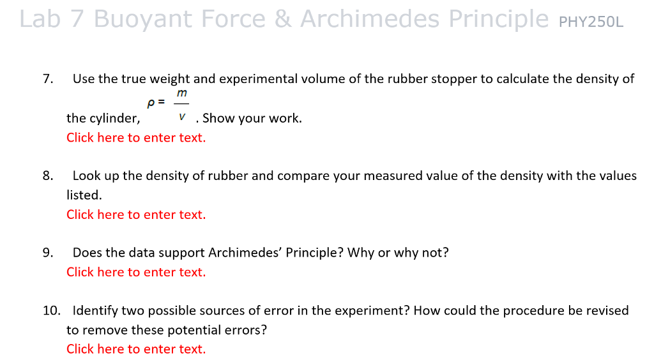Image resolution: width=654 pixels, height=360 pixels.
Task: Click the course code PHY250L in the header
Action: pyautogui.click(x=591, y=22)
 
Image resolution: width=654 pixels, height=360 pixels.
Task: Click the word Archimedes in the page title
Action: pyautogui.click(x=370, y=19)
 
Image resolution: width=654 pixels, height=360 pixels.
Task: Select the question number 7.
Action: pyautogui.click(x=47, y=79)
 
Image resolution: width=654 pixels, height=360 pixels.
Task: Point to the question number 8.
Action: pyautogui.click(x=47, y=176)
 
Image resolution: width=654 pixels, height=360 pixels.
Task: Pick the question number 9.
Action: pyautogui.click(x=47, y=252)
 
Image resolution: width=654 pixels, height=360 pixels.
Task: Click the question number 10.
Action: pyautogui.click(x=51, y=311)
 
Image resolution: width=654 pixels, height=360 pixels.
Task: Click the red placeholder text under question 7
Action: pyautogui.click(x=136, y=137)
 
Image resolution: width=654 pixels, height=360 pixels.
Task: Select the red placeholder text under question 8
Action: pyautogui.click(x=136, y=214)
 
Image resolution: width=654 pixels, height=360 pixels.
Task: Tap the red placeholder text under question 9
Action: pyautogui.click(x=136, y=272)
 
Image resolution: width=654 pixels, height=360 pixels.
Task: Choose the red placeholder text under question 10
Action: pyautogui.click(x=136, y=349)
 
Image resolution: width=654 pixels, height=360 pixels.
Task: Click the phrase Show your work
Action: pyautogui.click(x=252, y=118)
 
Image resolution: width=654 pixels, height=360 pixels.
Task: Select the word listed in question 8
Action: pyautogui.click(x=84, y=195)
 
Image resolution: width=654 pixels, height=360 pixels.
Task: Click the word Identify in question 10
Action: pyautogui.click(x=95, y=311)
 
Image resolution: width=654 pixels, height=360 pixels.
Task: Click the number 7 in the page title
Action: pyautogui.click(x=77, y=20)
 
